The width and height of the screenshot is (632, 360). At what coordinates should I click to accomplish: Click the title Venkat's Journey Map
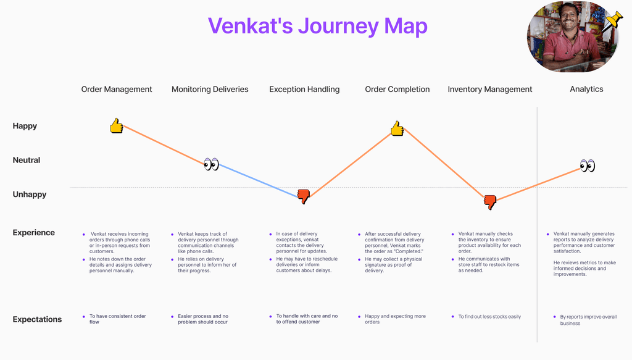pos(318,26)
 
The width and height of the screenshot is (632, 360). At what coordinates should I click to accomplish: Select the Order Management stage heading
pos(117,90)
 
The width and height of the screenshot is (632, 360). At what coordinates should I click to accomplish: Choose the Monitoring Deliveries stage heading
pos(210,90)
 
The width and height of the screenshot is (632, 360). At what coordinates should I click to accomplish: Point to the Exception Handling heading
pos(304,90)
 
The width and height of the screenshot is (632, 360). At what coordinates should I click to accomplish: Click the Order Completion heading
pos(397,90)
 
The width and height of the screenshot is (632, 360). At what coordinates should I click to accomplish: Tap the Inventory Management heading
pos(489,90)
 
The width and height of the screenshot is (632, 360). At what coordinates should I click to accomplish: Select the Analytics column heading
pos(586,90)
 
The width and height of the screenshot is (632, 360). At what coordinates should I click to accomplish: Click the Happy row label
pos(25,126)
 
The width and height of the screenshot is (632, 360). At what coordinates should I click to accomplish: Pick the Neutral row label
pos(26,160)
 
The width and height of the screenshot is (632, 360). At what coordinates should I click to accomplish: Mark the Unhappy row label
pos(30,195)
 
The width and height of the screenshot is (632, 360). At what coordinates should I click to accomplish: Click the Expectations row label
pos(37,319)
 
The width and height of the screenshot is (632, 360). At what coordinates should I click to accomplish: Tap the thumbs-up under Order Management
pos(117,126)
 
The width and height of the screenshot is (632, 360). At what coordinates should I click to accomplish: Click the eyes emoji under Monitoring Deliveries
pos(211,164)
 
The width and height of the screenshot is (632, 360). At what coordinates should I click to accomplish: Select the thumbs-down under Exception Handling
pos(304,196)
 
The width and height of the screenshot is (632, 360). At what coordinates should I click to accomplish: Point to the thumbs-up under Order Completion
pos(397,128)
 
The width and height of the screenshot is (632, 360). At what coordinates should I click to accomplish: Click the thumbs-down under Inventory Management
pos(490,202)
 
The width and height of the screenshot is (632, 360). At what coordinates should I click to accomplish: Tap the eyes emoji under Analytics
pos(588,165)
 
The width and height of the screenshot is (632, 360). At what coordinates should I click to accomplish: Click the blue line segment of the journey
pos(258,180)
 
